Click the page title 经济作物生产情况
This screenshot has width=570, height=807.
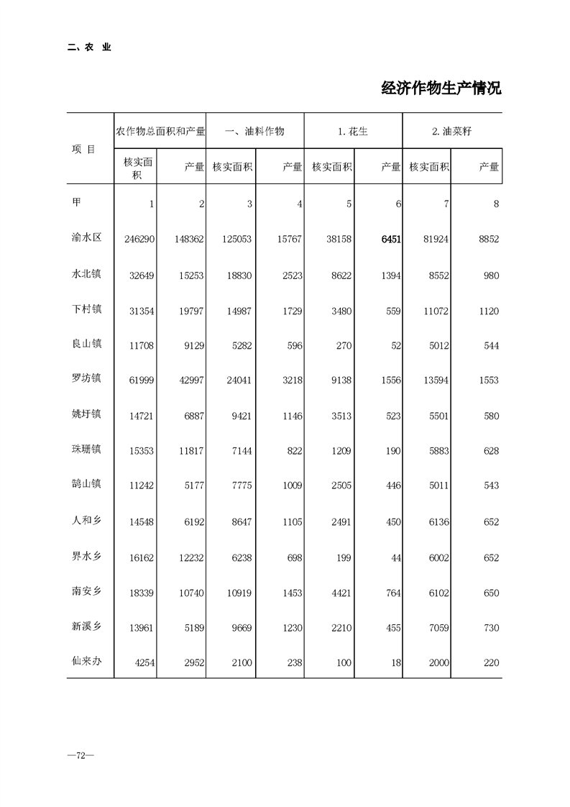coord(441,88)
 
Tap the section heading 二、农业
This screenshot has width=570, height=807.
coord(89,47)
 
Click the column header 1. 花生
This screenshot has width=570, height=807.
coord(353,131)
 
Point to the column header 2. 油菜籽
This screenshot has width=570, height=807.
coord(451,131)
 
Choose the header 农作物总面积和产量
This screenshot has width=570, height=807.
coord(161,131)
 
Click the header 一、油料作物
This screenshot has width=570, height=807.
coord(254,131)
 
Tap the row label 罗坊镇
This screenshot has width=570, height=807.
coord(87,378)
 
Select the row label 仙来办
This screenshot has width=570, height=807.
coord(87,661)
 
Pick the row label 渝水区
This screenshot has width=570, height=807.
coord(87,237)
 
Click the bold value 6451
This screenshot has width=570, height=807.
coord(387,239)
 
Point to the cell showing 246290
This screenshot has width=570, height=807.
coord(139,239)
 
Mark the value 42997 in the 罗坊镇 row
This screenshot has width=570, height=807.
coord(190,380)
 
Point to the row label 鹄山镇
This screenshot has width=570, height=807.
coord(87,484)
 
